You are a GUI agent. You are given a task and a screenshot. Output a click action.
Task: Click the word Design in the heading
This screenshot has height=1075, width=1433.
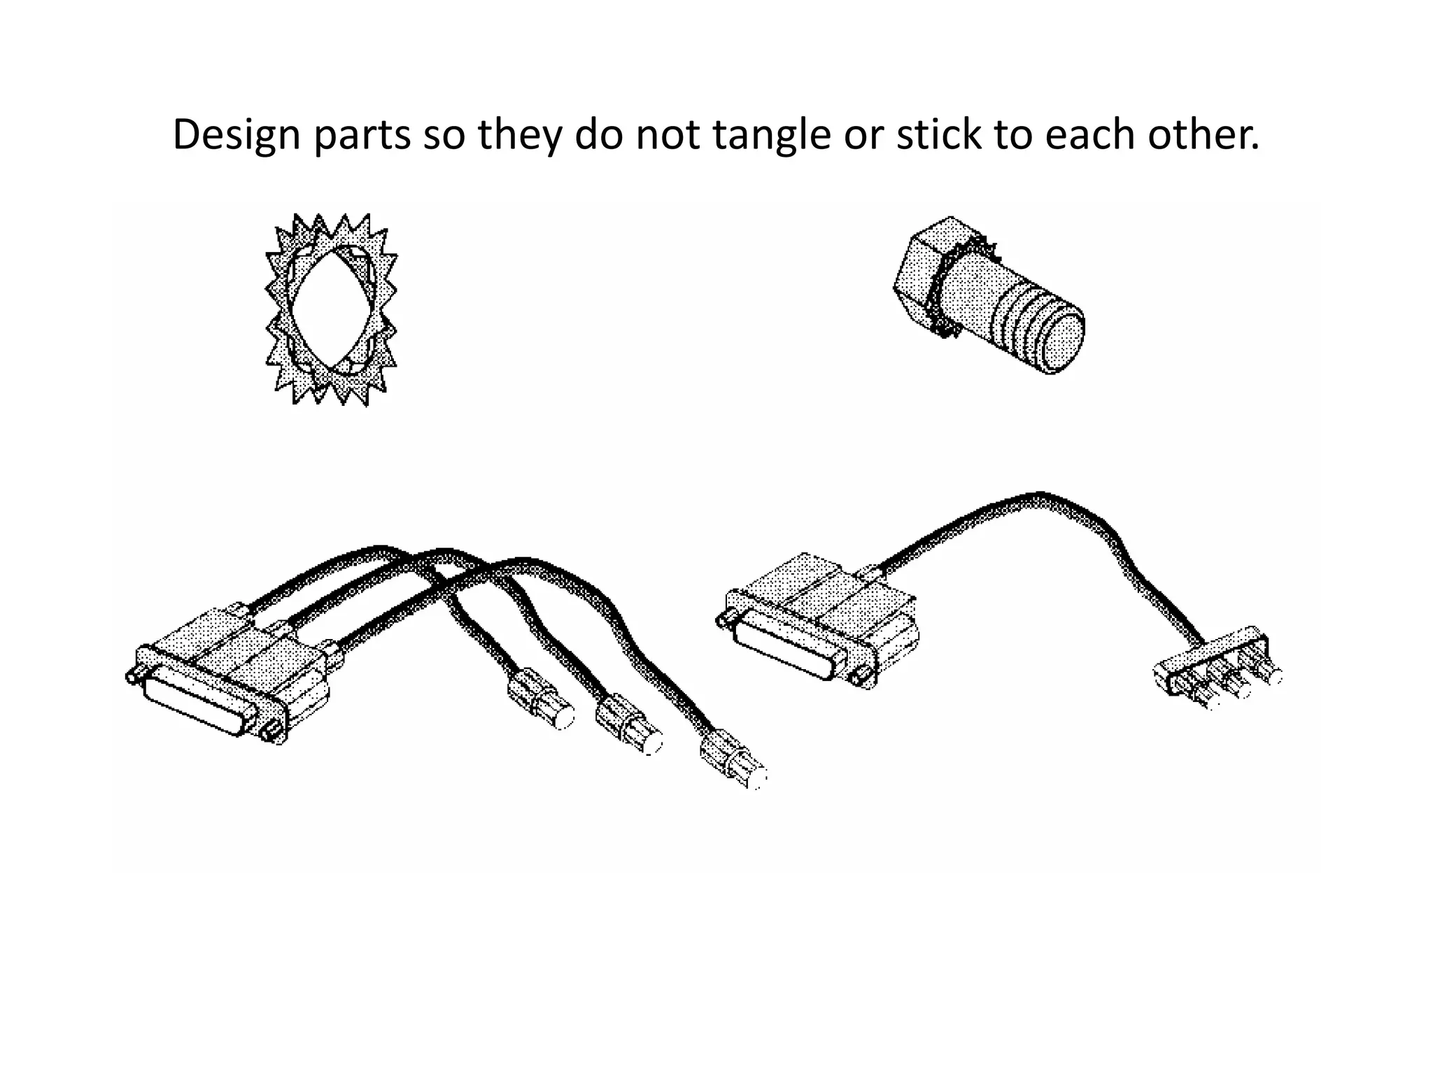pos(236,134)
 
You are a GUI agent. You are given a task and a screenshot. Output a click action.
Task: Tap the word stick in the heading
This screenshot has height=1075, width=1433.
pos(937,134)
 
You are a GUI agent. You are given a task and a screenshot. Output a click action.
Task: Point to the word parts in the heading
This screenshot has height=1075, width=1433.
pos(362,134)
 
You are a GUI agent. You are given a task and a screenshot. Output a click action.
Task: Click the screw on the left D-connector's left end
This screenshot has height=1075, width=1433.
pos(132,676)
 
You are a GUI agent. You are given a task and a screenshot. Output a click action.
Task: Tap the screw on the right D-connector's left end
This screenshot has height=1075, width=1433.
pos(723,619)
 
